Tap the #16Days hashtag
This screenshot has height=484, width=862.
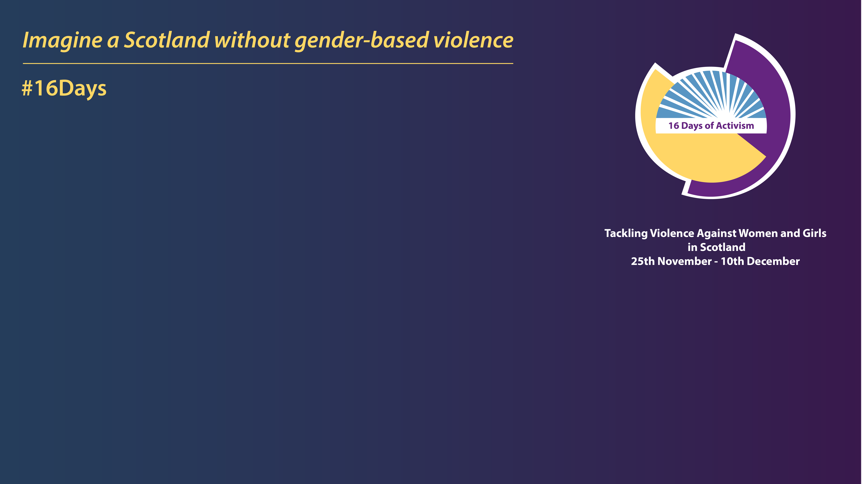click(64, 88)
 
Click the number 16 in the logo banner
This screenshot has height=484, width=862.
click(674, 126)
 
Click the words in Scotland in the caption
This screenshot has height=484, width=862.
click(716, 247)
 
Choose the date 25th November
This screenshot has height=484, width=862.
click(671, 261)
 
